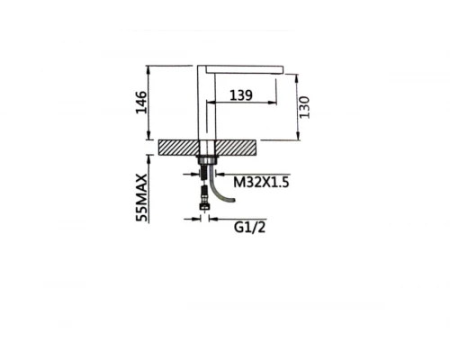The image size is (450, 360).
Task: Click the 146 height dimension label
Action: (141, 103)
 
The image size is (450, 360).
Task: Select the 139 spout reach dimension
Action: (241, 95)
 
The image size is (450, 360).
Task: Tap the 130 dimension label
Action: (304, 107)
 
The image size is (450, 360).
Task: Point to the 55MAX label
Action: (141, 198)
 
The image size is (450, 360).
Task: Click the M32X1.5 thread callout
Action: (261, 182)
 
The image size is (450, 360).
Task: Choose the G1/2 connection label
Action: (250, 228)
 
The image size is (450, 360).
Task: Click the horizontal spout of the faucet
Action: (245, 69)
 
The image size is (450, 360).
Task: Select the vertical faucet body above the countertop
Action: (206, 103)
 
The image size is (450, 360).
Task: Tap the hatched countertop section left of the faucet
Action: (179, 148)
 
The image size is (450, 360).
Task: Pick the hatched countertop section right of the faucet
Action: (236, 148)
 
